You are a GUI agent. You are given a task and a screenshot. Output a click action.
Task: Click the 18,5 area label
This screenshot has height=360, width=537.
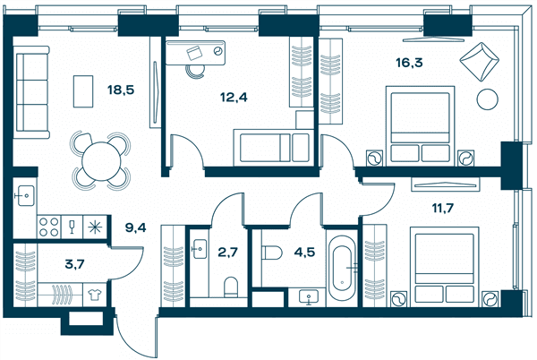[x=121, y=90]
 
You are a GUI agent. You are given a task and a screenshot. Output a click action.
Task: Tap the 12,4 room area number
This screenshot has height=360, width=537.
[x=234, y=98]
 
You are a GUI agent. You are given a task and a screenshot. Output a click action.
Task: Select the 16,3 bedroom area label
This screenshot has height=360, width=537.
[x=409, y=63]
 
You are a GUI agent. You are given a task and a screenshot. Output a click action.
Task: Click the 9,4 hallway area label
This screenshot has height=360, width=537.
[x=136, y=227]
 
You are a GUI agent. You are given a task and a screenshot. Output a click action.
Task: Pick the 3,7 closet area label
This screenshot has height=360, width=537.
[x=74, y=264]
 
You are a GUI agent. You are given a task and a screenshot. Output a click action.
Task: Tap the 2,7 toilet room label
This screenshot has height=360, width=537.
[x=227, y=253]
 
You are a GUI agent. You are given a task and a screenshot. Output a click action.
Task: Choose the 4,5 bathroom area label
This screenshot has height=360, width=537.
[x=304, y=253]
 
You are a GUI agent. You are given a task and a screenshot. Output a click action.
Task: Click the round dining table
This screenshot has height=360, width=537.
[x=101, y=160]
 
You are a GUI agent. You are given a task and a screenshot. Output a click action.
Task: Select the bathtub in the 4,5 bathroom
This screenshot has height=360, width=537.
[x=342, y=268]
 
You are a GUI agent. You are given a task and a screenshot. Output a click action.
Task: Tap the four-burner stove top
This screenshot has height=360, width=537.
[x=49, y=227]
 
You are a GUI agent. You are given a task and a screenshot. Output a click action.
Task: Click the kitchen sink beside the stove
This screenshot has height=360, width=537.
[x=25, y=195]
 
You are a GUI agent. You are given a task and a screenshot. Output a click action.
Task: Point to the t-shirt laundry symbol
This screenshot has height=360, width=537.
[x=95, y=295]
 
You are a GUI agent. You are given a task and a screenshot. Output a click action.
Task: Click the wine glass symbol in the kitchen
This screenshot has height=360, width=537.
[x=72, y=227]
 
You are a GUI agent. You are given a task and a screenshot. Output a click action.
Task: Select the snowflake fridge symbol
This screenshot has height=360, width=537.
[x=95, y=227]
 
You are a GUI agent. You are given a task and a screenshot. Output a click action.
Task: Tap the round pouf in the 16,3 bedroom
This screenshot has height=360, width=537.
[x=488, y=99]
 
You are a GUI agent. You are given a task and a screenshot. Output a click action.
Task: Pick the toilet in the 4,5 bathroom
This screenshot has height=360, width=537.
[x=272, y=253]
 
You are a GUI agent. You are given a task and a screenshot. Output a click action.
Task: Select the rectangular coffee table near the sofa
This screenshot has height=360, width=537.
[x=83, y=91]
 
